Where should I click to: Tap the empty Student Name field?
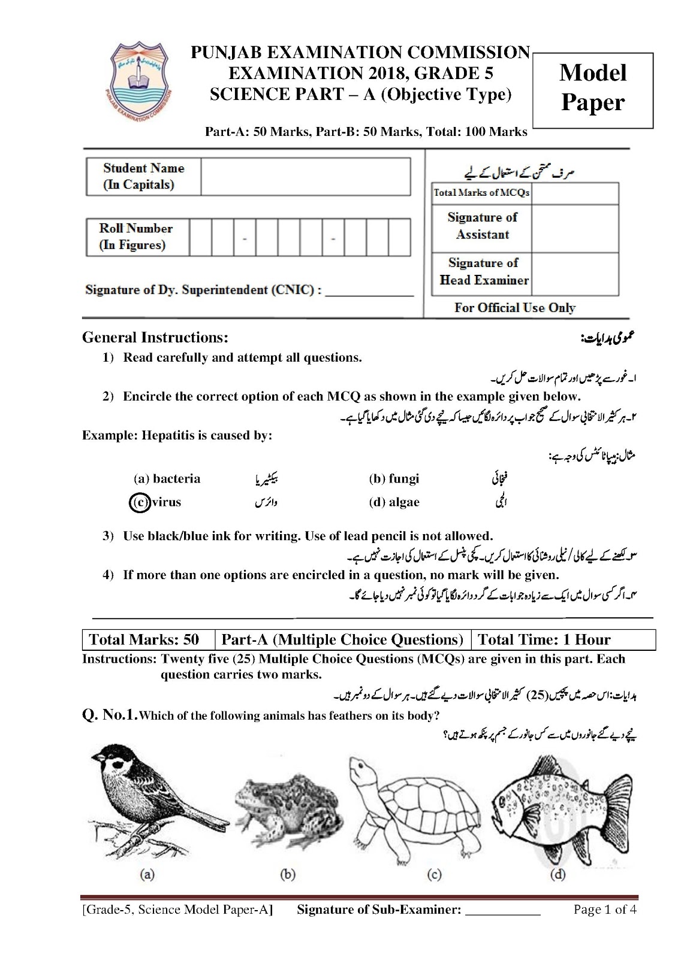click(x=305, y=177)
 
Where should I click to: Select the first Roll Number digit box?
click(x=200, y=238)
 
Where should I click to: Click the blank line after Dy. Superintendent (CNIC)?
click(x=369, y=292)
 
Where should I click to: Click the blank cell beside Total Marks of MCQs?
click(x=574, y=193)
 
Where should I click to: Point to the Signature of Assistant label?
click(x=482, y=226)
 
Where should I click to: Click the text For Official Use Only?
click(x=514, y=308)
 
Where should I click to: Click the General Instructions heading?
click(x=155, y=338)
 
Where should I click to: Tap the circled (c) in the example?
click(x=138, y=502)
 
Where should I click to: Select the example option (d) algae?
click(x=394, y=502)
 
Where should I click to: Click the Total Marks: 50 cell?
click(x=144, y=639)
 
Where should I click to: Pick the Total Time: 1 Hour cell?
click(x=544, y=639)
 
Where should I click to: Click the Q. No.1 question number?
click(x=110, y=715)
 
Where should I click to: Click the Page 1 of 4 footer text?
click(x=604, y=910)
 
